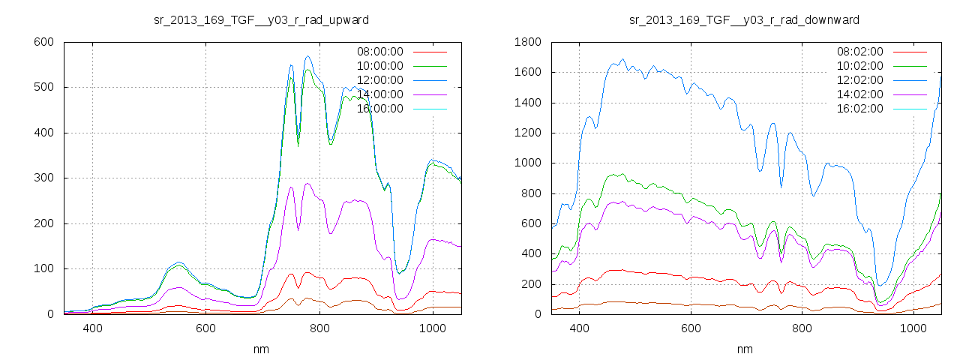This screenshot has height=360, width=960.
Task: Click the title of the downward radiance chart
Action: click(x=744, y=19)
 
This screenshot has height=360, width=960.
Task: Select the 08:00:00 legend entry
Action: click(x=379, y=52)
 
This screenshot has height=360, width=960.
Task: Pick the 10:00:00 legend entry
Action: click(x=379, y=66)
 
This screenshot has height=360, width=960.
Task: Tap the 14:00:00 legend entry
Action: click(x=379, y=94)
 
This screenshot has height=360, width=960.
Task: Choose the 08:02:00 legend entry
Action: click(x=859, y=52)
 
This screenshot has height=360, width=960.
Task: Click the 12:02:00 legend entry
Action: click(x=859, y=80)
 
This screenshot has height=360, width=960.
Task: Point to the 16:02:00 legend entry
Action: click(x=859, y=109)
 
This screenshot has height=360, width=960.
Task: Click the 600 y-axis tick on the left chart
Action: click(x=43, y=42)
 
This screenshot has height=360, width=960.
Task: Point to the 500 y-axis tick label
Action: click(x=43, y=87)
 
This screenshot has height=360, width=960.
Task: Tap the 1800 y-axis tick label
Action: click(x=527, y=42)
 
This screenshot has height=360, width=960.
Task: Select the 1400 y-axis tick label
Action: click(x=527, y=103)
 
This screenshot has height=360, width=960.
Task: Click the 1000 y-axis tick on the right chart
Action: click(x=527, y=163)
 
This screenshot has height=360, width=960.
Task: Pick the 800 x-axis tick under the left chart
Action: click(x=319, y=328)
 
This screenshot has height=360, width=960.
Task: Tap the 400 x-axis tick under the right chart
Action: click(x=579, y=328)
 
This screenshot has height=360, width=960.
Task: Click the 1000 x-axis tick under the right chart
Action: click(x=913, y=328)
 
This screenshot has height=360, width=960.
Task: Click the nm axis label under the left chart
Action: click(x=260, y=349)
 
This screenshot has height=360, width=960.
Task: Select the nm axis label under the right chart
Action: click(x=744, y=349)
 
